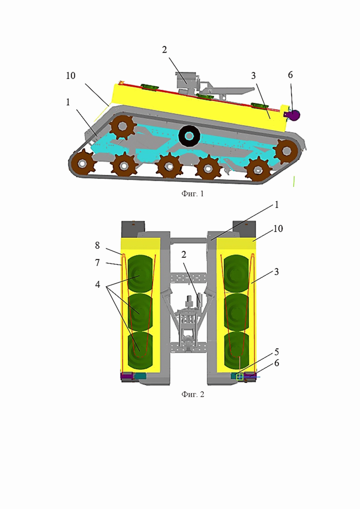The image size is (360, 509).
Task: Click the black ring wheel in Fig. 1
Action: tap(189, 135)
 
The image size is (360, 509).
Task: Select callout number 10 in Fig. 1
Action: tap(70, 75)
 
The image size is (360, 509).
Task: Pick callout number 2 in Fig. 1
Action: tap(164, 50)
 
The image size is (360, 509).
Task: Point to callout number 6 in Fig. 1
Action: tap(289, 75)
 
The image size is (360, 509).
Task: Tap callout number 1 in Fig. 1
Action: tap(68, 102)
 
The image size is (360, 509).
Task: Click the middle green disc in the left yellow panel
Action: tap(140, 311)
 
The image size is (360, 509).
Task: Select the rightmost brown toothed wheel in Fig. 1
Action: tap(285, 150)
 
